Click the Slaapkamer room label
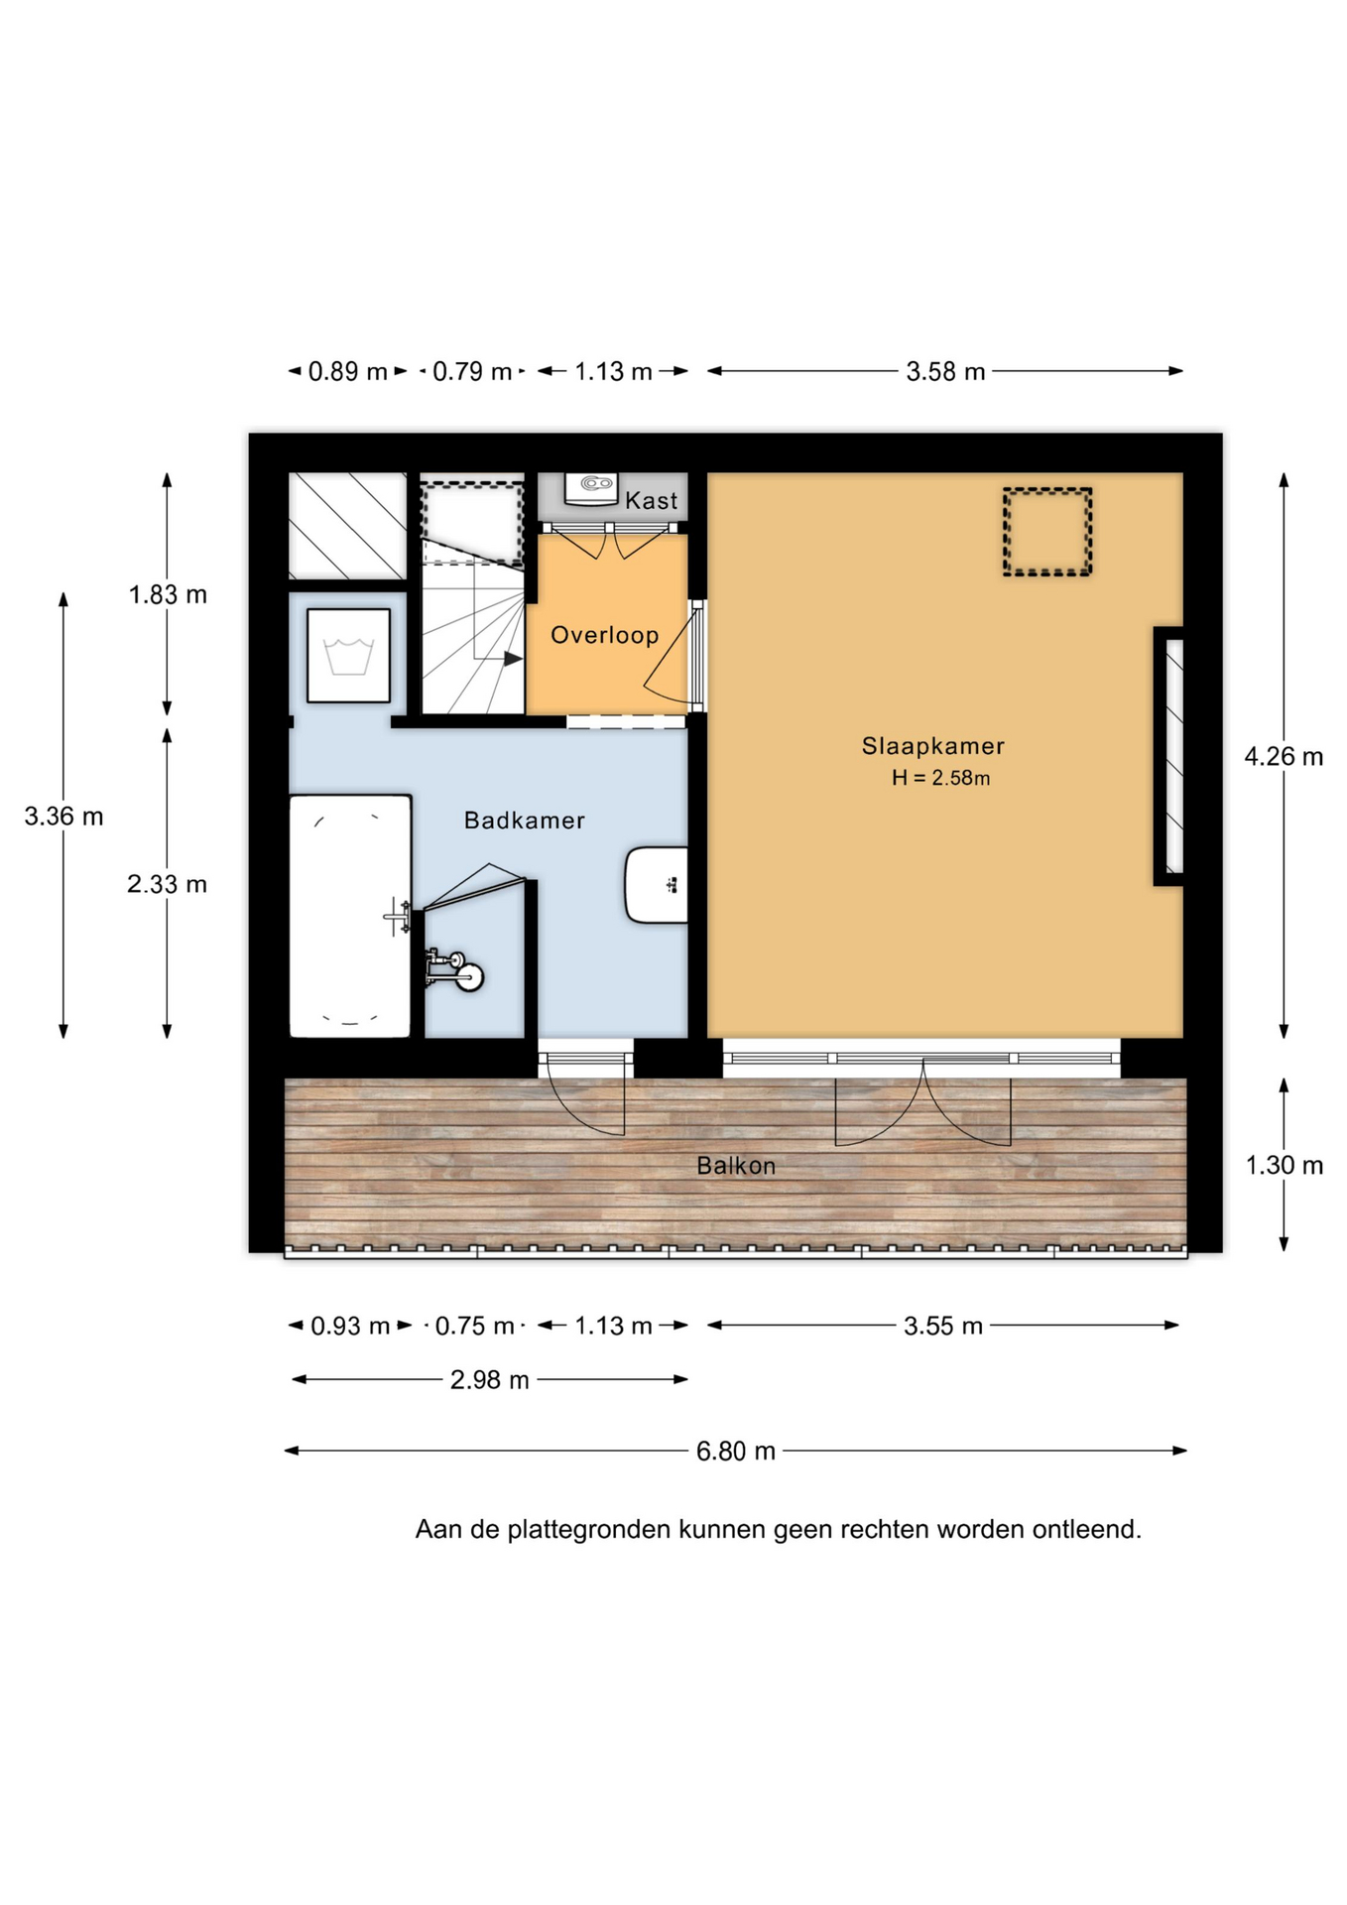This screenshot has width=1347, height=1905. point(932,745)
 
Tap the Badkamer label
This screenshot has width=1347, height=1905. point(525,820)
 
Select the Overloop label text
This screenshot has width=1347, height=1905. point(605,635)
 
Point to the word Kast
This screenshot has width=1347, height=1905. point(651,501)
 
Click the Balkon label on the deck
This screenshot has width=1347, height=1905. point(736,1166)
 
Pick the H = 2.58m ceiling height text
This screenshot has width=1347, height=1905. point(940,778)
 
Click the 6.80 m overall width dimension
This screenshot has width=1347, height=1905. point(736,1451)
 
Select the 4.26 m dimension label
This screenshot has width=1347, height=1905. point(1284,756)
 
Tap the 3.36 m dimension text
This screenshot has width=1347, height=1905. point(63,816)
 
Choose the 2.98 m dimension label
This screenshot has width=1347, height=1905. point(490,1379)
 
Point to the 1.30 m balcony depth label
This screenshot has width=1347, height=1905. point(1284,1165)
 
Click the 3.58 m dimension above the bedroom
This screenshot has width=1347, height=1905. point(945,371)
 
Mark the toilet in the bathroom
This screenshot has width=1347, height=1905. point(455,969)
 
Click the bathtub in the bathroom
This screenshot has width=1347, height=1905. point(350,916)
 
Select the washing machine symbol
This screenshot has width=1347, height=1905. point(348,656)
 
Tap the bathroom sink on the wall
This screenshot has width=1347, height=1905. point(656,885)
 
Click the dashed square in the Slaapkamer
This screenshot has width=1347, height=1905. point(1046,532)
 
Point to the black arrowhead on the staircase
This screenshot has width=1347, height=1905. point(513,658)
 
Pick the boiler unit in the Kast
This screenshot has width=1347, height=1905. point(591,488)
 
